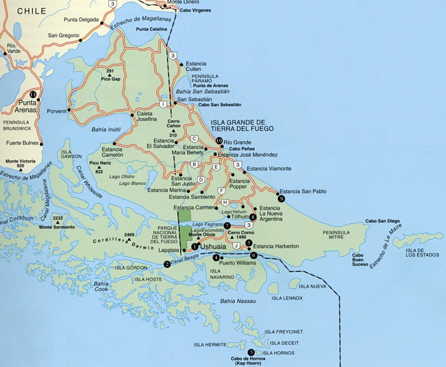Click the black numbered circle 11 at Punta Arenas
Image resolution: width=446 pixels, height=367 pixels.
(x=33, y=94)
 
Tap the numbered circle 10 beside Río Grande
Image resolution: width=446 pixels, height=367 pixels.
(x=219, y=140)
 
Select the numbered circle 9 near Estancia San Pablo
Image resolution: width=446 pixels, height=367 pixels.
(x=281, y=199)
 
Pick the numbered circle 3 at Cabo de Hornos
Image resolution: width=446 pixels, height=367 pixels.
(x=252, y=352)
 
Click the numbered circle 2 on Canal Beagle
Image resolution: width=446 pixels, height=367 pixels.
(x=167, y=264)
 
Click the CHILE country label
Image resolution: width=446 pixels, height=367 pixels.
(x=31, y=11)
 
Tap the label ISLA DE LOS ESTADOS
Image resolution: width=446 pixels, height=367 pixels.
(x=421, y=253)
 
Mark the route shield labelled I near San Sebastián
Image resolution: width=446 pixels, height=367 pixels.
(x=164, y=104)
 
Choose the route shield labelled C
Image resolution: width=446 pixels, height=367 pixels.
(x=194, y=138)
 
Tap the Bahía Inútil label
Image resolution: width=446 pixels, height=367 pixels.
(x=106, y=130)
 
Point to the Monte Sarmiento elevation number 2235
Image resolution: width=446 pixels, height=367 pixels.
(x=57, y=218)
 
